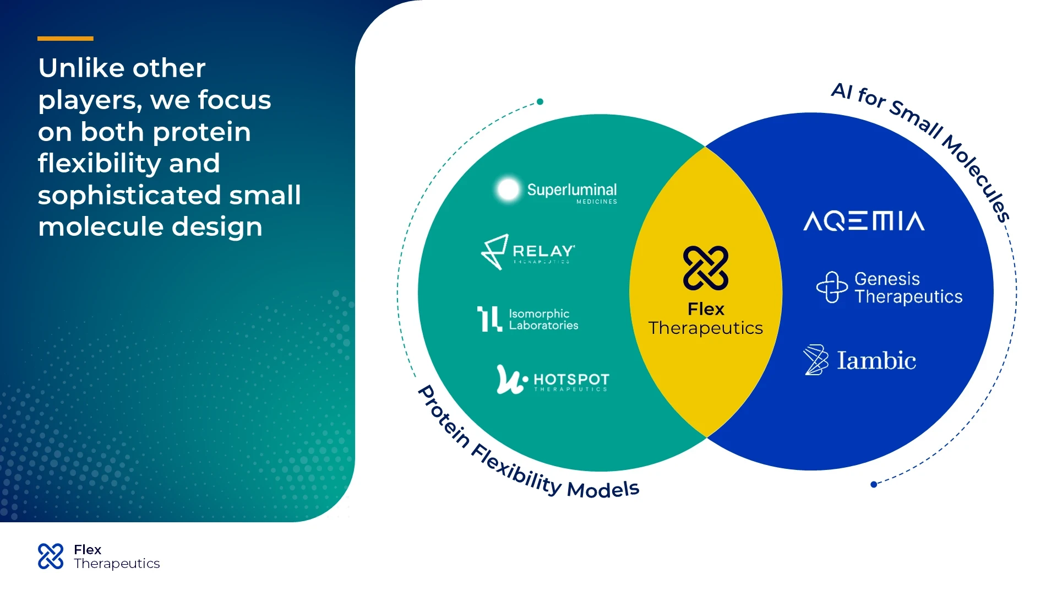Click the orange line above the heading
[x=65, y=39]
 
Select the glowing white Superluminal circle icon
[x=508, y=190]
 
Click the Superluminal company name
[x=571, y=190]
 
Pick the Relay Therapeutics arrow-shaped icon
[x=494, y=252]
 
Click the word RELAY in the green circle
[x=543, y=252]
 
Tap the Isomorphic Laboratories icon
[x=489, y=319]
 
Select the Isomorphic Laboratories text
[x=543, y=320]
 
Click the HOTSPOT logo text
[x=571, y=380]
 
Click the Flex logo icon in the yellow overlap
[x=705, y=268]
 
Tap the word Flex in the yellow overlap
[x=706, y=309]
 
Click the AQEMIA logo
[x=864, y=221]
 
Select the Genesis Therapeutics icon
[x=831, y=287]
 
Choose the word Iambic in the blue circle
[x=876, y=361]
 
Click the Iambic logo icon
[x=815, y=360]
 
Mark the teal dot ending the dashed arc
[x=540, y=101]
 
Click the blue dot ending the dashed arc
[x=874, y=485]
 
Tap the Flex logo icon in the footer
[x=51, y=556]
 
